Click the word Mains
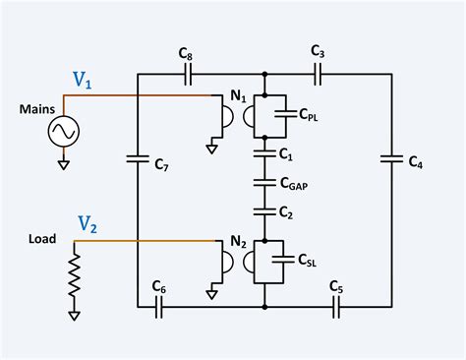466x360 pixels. tap(37, 110)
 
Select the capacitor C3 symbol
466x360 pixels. tap(317, 75)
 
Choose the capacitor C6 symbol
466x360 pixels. tap(159, 307)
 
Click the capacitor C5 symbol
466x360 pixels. tap(337, 307)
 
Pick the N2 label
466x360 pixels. tap(237, 241)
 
